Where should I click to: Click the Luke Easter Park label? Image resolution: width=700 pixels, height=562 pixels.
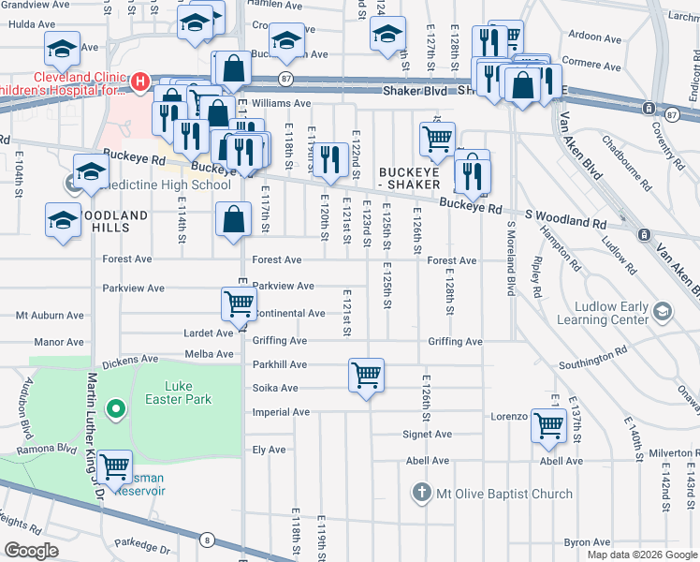click(188, 392)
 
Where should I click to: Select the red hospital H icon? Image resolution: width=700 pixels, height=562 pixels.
click(139, 82)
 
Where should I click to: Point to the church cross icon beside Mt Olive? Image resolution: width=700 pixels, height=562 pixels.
click(421, 493)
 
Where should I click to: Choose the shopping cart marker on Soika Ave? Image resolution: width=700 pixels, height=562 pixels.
click(366, 376)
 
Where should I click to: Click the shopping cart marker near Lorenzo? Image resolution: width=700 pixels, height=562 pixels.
click(548, 425)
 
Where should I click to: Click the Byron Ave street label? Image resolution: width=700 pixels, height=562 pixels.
click(587, 541)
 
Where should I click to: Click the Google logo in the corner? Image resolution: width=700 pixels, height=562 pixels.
click(31, 551)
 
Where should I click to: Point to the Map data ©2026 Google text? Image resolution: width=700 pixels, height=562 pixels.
click(640, 555)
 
